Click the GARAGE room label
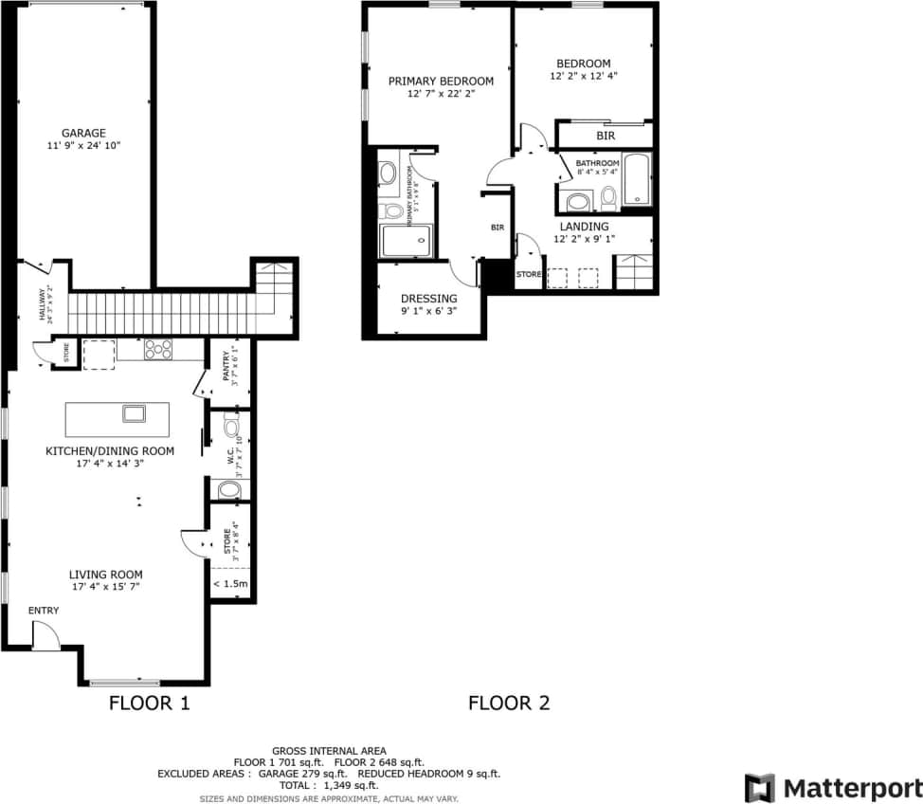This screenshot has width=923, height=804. pyautogui.click(x=83, y=133)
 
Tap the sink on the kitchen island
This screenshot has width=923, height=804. pyautogui.click(x=133, y=413)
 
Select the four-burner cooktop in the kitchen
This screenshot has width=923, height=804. pyautogui.click(x=158, y=349)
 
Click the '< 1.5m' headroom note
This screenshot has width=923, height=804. pyautogui.click(x=230, y=584)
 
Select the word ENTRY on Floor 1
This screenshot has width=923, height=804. pyautogui.click(x=44, y=611)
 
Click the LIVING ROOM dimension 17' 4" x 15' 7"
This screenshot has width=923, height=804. pyautogui.click(x=105, y=587)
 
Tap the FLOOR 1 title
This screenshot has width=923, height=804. pyautogui.click(x=150, y=703)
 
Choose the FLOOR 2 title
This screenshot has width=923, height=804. pyautogui.click(x=509, y=703)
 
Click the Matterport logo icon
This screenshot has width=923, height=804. pyautogui.click(x=759, y=788)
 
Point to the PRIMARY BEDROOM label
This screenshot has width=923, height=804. pyautogui.click(x=441, y=82)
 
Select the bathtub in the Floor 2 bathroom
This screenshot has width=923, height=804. pyautogui.click(x=637, y=179)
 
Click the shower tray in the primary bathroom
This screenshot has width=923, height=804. pyautogui.click(x=407, y=241)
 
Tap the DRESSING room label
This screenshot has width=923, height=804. pyautogui.click(x=428, y=299)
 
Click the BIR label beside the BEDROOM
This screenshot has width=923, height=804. pyautogui.click(x=606, y=137)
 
